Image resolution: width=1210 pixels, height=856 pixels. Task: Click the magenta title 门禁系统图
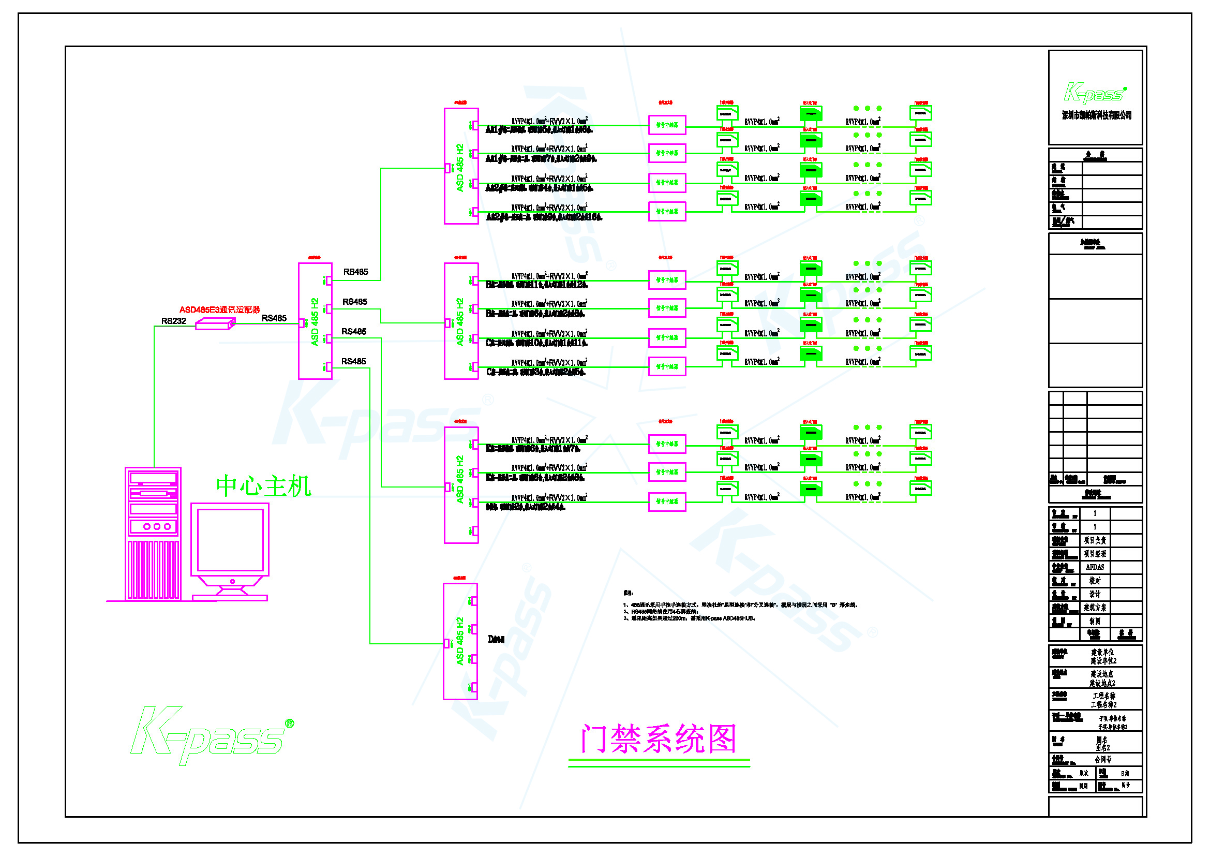coord(658,739)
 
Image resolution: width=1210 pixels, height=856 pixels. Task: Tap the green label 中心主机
coord(263,486)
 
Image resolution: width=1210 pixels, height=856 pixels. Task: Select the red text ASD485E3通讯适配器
coord(219,309)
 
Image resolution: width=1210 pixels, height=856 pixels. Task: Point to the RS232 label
coord(173,320)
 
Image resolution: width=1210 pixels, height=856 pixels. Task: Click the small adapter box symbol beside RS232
coord(215,324)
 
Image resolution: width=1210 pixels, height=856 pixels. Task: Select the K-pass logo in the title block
coord(1095,93)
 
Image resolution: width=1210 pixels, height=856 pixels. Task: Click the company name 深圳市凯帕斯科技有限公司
coord(1096,115)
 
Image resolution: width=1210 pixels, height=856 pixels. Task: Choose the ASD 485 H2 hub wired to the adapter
coord(315,321)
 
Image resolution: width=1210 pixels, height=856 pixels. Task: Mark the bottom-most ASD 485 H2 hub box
coord(460,641)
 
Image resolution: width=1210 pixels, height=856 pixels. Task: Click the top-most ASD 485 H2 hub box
coord(460,166)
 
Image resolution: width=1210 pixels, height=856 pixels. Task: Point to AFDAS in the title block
coord(1095,567)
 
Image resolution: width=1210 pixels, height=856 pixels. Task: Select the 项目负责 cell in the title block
coord(1095,540)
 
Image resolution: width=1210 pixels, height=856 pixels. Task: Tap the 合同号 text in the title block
coord(1103,760)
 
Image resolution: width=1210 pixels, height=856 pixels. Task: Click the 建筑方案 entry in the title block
coord(1095,608)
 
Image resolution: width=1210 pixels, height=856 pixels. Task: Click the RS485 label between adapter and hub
coord(274,318)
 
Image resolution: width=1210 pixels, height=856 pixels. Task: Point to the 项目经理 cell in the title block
coord(1095,554)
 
